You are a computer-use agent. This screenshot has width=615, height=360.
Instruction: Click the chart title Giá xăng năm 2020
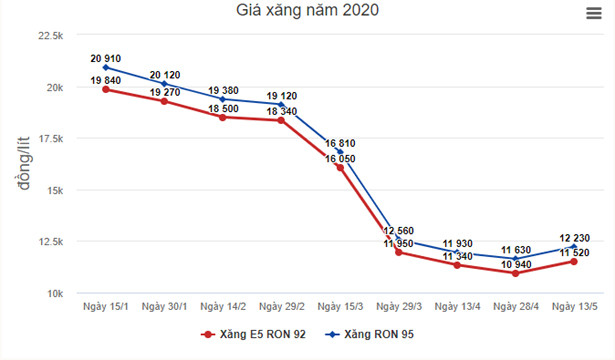[307, 12]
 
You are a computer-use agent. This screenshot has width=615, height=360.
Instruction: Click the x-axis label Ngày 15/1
[105, 306]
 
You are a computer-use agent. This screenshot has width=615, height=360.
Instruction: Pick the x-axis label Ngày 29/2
[282, 306]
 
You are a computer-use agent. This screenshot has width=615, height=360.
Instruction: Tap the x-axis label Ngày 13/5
[575, 306]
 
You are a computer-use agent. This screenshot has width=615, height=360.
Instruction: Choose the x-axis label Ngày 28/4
[516, 306]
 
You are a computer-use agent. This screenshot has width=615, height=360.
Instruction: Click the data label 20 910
[105, 59]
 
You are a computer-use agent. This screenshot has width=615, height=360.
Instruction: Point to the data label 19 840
[105, 80]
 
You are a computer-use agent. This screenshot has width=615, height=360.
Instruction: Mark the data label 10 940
[516, 264]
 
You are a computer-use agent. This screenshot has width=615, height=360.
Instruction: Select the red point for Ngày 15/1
[105, 90]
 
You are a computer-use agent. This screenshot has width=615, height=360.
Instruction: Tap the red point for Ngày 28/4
[516, 273]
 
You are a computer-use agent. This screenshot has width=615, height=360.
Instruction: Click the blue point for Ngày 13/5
[574, 247]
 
